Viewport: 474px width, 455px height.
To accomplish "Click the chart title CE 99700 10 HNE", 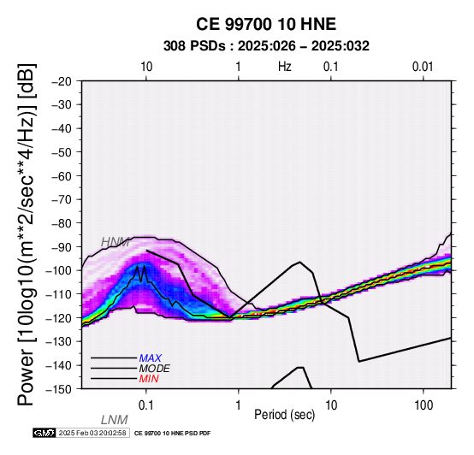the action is pyautogui.click(x=266, y=24).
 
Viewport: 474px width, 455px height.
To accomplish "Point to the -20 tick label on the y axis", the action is pyautogui.click(x=62, y=81).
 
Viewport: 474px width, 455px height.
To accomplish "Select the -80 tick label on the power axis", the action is pyautogui.click(x=62, y=223).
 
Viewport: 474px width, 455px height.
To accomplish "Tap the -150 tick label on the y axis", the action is pyautogui.click(x=59, y=389).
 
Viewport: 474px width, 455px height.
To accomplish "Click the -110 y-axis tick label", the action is pyautogui.click(x=59, y=294).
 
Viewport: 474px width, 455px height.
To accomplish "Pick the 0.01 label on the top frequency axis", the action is pyautogui.click(x=423, y=67).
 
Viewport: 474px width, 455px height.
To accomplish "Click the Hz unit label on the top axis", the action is pyautogui.click(x=285, y=67).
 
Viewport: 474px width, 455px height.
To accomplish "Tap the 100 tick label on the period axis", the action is pyautogui.click(x=424, y=405).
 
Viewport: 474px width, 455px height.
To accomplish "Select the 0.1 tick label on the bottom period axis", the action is pyautogui.click(x=146, y=405).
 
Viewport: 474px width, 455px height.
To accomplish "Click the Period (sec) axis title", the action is pyautogui.click(x=284, y=415).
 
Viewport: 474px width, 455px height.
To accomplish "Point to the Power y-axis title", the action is pyautogui.click(x=27, y=234).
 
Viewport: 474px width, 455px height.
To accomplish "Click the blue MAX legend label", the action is pyautogui.click(x=151, y=358).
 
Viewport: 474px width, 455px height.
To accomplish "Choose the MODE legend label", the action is pyautogui.click(x=155, y=369).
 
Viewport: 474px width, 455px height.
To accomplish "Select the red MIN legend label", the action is pyautogui.click(x=149, y=379).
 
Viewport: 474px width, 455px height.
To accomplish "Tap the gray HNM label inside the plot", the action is pyautogui.click(x=116, y=242).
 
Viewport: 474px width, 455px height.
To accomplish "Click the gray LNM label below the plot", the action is pyautogui.click(x=115, y=420).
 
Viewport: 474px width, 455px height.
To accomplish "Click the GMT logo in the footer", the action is pyautogui.click(x=44, y=434).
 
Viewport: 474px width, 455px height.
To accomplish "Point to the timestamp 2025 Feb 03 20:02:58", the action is pyautogui.click(x=92, y=434).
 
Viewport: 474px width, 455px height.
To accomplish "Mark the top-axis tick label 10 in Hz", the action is pyautogui.click(x=146, y=67).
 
